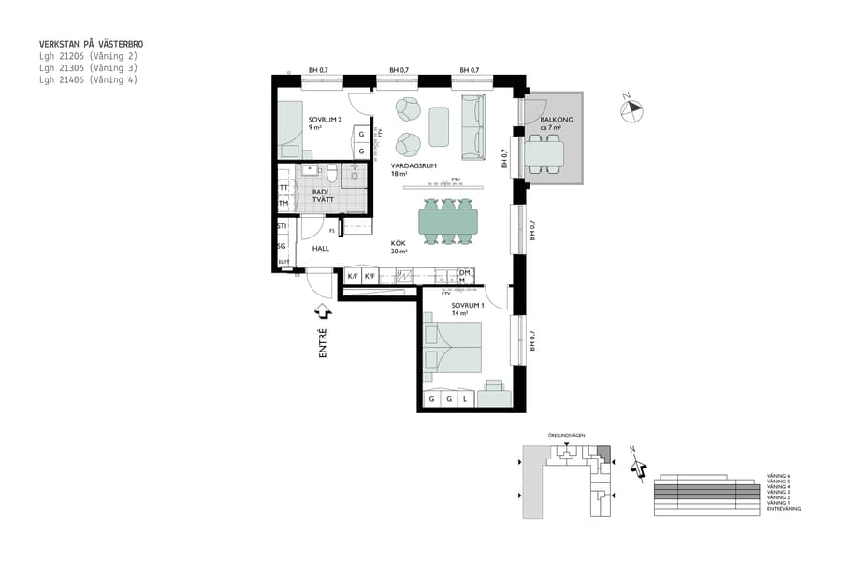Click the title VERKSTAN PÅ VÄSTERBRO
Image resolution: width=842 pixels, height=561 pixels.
tap(91, 44)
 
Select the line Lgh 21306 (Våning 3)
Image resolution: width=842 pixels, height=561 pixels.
tap(88, 68)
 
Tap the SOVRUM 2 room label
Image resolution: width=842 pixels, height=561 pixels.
tap(324, 120)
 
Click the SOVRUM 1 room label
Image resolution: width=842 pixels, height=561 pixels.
tap(467, 306)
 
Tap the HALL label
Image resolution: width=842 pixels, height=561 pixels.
tap(320, 249)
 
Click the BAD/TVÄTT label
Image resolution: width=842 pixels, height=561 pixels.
tap(311, 193)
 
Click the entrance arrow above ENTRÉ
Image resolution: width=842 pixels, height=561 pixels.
tap(323, 311)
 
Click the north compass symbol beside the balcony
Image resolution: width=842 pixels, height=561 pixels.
tap(633, 108)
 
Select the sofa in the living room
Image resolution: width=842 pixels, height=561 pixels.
tap(472, 126)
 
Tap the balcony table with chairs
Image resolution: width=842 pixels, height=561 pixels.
tap(544, 154)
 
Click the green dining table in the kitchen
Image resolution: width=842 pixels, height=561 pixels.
tap(447, 222)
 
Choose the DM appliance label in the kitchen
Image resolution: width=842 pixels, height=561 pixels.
tap(463, 272)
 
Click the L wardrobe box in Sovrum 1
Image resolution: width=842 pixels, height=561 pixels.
tap(465, 399)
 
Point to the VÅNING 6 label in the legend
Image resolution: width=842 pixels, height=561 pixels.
tap(777, 476)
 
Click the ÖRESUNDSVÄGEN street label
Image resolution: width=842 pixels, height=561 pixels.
tap(567, 437)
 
